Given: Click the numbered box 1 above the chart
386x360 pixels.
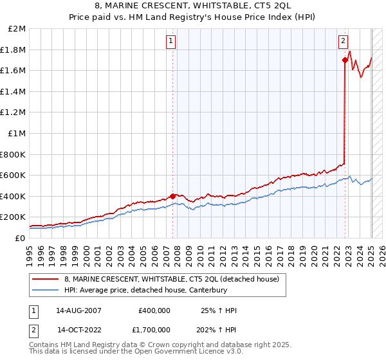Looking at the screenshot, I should [x=172, y=41].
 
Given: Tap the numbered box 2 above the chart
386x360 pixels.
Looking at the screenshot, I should [x=344, y=41].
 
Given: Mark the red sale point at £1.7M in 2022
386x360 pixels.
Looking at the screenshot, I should [x=345, y=60].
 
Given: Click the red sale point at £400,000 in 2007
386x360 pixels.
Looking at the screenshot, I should [x=172, y=196].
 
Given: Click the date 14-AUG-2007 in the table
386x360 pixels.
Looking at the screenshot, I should [x=78, y=310].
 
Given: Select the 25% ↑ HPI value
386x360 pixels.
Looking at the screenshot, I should [x=219, y=310].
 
